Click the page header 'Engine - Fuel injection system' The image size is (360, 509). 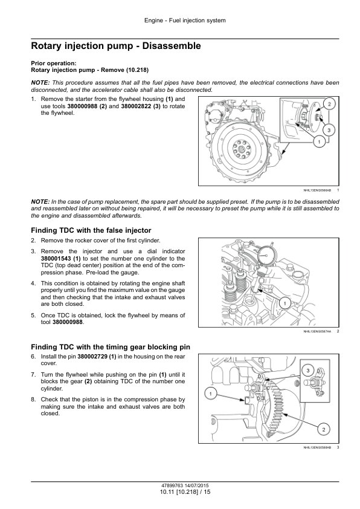coord(185,21)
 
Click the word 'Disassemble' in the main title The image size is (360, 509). coord(172,46)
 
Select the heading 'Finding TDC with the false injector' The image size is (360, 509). coord(91,230)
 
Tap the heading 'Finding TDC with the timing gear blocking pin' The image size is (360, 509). coord(111,347)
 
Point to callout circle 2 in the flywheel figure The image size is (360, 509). coord(329,104)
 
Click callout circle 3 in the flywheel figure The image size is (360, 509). coord(329,130)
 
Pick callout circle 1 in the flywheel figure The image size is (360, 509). coord(320,142)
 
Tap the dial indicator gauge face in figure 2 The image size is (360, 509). coord(266,254)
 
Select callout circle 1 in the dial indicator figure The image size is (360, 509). coord(284,303)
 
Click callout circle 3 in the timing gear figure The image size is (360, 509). coord(308,371)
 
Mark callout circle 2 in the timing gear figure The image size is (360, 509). coord(324,430)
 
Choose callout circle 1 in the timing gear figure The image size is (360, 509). coord(211,394)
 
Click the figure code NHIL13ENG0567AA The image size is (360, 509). coord(317,331)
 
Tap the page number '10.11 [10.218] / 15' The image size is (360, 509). coord(185,492)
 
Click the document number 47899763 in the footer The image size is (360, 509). coord(172,485)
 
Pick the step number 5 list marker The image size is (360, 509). coord(33,315)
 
